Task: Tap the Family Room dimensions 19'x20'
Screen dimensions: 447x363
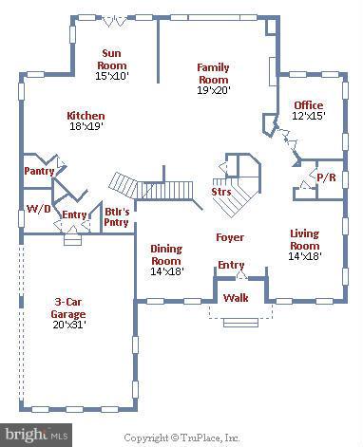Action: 212,90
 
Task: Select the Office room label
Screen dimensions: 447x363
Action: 308,105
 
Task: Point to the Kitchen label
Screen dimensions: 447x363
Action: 86,115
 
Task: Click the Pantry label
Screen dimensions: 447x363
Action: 39,172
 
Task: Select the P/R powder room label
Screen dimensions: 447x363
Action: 324,177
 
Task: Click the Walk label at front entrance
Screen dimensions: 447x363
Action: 236,299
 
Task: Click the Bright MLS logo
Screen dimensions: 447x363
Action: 36,434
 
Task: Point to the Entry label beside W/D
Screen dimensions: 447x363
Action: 74,215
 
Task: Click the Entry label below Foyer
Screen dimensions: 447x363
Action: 231,265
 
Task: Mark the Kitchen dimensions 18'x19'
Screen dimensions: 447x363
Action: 86,126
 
